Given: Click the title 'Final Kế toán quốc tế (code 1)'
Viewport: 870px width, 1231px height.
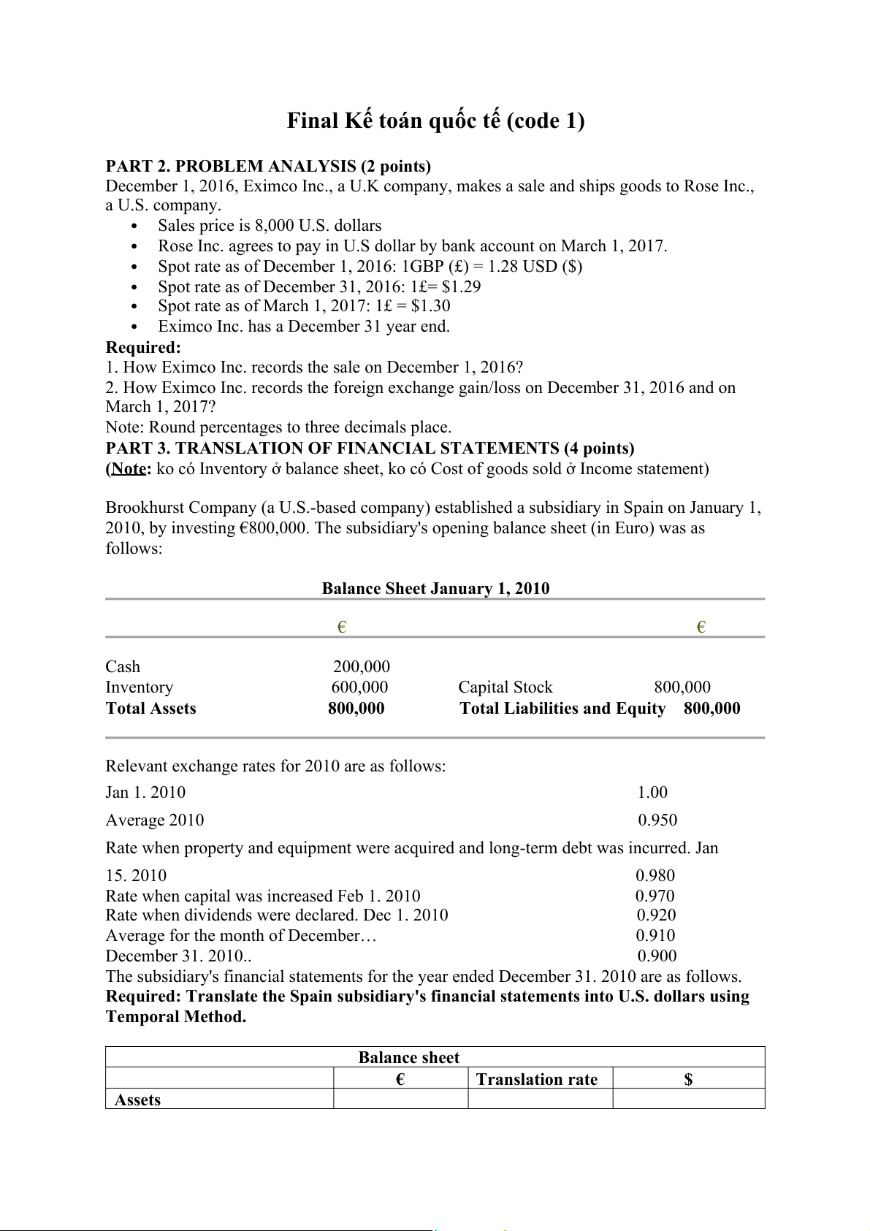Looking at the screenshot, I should (435, 121).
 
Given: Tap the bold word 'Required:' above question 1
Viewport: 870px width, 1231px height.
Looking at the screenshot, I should (143, 347).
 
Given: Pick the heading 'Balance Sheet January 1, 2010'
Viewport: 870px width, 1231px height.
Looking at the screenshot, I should (435, 589).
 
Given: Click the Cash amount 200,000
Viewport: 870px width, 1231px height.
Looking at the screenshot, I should (362, 666).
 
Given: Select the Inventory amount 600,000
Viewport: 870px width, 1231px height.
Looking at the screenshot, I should (359, 687).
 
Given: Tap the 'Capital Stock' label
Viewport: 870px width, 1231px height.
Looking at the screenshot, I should (505, 687).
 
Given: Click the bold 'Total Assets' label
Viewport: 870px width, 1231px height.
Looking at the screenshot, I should (150, 708).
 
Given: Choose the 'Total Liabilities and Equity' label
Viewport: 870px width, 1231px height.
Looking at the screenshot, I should (562, 708).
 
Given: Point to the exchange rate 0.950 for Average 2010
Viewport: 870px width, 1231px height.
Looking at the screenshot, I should (657, 820).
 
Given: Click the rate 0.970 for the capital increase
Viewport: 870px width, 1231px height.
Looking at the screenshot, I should (655, 896).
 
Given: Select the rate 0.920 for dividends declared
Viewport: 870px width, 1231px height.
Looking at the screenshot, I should (656, 915).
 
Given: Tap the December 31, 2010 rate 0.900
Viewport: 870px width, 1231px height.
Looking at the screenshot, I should (657, 956).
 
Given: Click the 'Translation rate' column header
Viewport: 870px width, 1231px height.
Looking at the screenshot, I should (537, 1079).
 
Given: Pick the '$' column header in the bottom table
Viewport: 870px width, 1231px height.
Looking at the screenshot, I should (688, 1079).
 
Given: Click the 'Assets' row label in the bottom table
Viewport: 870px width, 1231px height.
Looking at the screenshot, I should (137, 1099).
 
